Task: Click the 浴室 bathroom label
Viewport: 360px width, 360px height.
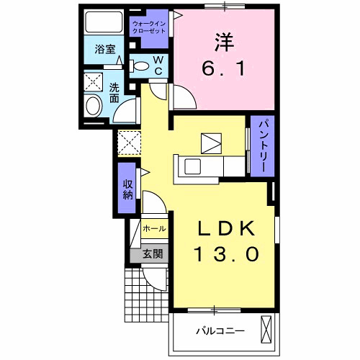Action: tap(105, 49)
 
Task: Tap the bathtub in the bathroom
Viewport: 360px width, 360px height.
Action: tap(104, 22)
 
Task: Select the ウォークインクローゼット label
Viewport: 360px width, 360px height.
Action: tap(149, 27)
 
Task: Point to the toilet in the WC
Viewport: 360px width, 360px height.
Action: tap(140, 66)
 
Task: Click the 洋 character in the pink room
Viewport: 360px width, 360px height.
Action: tap(224, 42)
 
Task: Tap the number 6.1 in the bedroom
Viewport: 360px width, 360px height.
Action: tap(224, 68)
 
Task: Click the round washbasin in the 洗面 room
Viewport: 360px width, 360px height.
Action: tap(93, 106)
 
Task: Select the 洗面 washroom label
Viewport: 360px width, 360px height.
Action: tap(114, 93)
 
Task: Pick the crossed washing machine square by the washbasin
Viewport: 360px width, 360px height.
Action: tap(94, 82)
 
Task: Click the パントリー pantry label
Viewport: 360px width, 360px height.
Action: tap(263, 147)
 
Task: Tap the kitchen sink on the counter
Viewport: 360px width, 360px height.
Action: tap(192, 167)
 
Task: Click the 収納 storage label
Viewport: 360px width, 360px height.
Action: tap(128, 189)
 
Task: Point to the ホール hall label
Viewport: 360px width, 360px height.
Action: tap(154, 229)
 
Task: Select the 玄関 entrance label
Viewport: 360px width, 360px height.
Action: tap(153, 253)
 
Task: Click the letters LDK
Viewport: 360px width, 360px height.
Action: tap(226, 228)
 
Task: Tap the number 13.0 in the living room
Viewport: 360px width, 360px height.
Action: tap(227, 254)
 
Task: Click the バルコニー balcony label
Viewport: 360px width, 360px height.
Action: tap(220, 331)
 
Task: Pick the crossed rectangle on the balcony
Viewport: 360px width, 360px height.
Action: tap(266, 329)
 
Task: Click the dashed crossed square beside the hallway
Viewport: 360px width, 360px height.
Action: tap(130, 143)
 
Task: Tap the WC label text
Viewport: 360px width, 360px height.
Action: tap(158, 66)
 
